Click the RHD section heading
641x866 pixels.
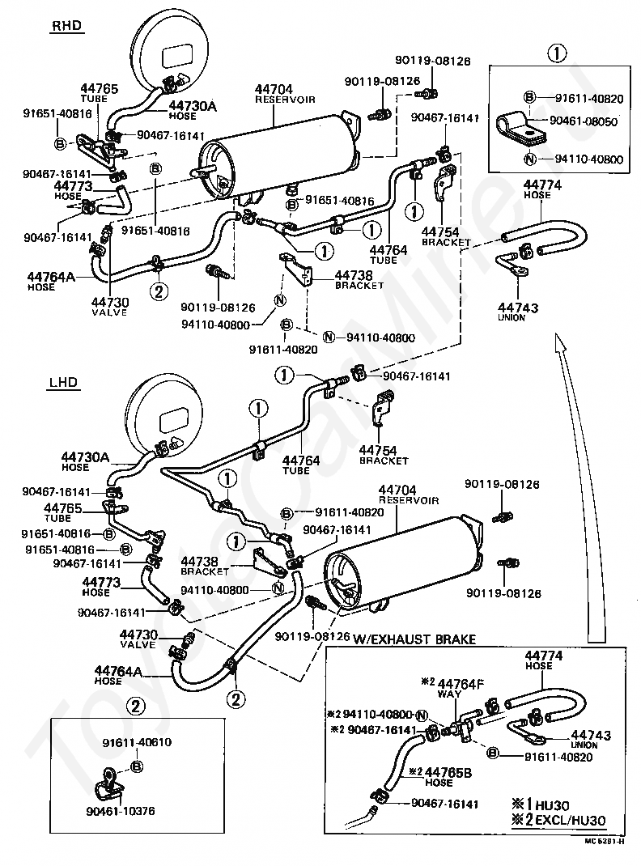[x=68, y=26]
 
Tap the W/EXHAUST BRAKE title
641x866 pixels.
[x=414, y=639]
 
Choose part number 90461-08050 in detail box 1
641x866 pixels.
[x=584, y=121]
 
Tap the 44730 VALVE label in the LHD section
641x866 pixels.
[x=138, y=639]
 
